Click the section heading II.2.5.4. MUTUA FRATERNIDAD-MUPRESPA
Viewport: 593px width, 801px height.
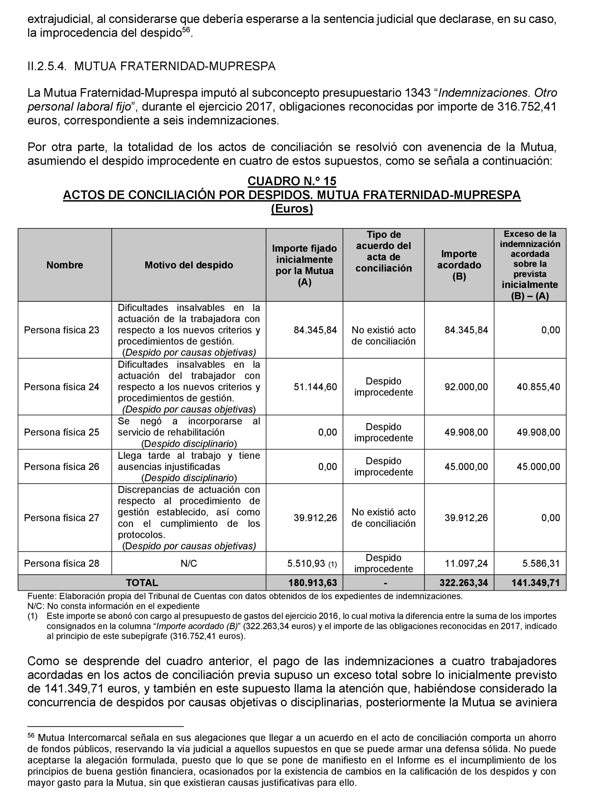151,66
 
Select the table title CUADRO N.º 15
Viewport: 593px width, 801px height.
292,181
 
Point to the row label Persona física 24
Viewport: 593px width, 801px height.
61,387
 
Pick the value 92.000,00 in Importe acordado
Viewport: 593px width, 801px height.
466,387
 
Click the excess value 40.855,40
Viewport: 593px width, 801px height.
538,387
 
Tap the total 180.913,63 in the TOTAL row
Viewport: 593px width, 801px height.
312,582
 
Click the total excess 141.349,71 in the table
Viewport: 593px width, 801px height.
535,582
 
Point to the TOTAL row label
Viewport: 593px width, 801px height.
142,582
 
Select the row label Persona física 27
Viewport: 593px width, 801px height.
61,518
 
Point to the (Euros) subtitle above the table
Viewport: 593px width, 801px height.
292,209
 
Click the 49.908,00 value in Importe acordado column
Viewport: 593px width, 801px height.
466,432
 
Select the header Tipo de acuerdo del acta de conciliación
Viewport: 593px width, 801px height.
383,251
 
